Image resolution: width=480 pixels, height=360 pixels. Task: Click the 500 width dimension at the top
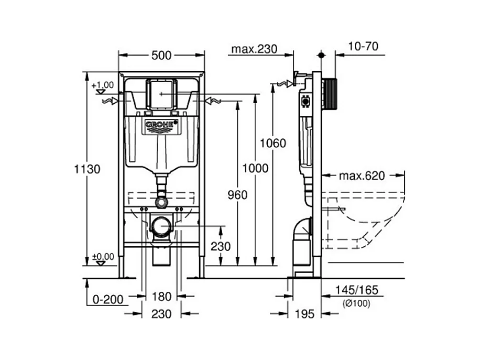(161, 56)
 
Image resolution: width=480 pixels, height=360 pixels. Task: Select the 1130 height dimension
(87, 169)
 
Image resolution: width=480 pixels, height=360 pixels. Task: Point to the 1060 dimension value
(273, 143)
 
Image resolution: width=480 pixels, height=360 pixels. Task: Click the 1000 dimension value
(255, 168)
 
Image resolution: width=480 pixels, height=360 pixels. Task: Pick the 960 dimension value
(237, 195)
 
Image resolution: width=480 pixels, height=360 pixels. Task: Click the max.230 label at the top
(254, 49)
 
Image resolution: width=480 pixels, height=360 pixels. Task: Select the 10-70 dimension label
(363, 46)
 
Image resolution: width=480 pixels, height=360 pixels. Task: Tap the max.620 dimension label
(362, 176)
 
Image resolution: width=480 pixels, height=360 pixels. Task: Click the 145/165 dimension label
(357, 290)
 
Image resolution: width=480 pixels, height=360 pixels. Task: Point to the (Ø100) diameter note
(356, 303)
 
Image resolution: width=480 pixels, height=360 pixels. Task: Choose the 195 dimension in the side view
(304, 314)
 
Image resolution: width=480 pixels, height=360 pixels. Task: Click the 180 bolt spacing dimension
(161, 296)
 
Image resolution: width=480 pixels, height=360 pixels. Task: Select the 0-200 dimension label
(108, 299)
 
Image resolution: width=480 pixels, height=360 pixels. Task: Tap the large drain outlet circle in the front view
(161, 226)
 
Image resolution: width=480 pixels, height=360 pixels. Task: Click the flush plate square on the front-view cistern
(161, 94)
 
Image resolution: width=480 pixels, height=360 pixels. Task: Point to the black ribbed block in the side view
(330, 94)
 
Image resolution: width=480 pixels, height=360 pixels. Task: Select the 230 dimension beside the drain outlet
(221, 246)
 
